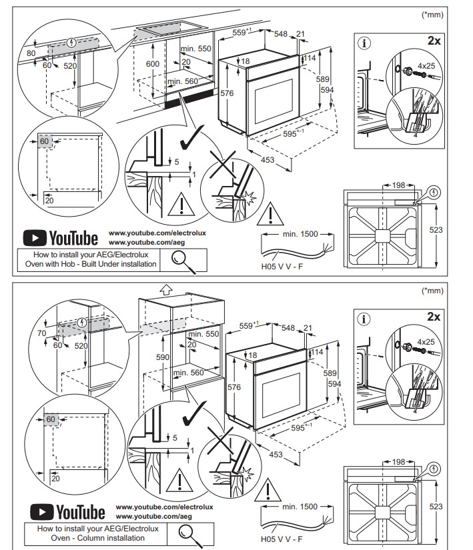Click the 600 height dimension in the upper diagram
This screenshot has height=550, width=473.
(153, 63)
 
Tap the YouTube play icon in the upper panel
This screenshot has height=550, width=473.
(35, 238)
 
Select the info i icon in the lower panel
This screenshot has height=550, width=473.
(364, 318)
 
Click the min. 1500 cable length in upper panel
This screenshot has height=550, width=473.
(299, 235)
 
